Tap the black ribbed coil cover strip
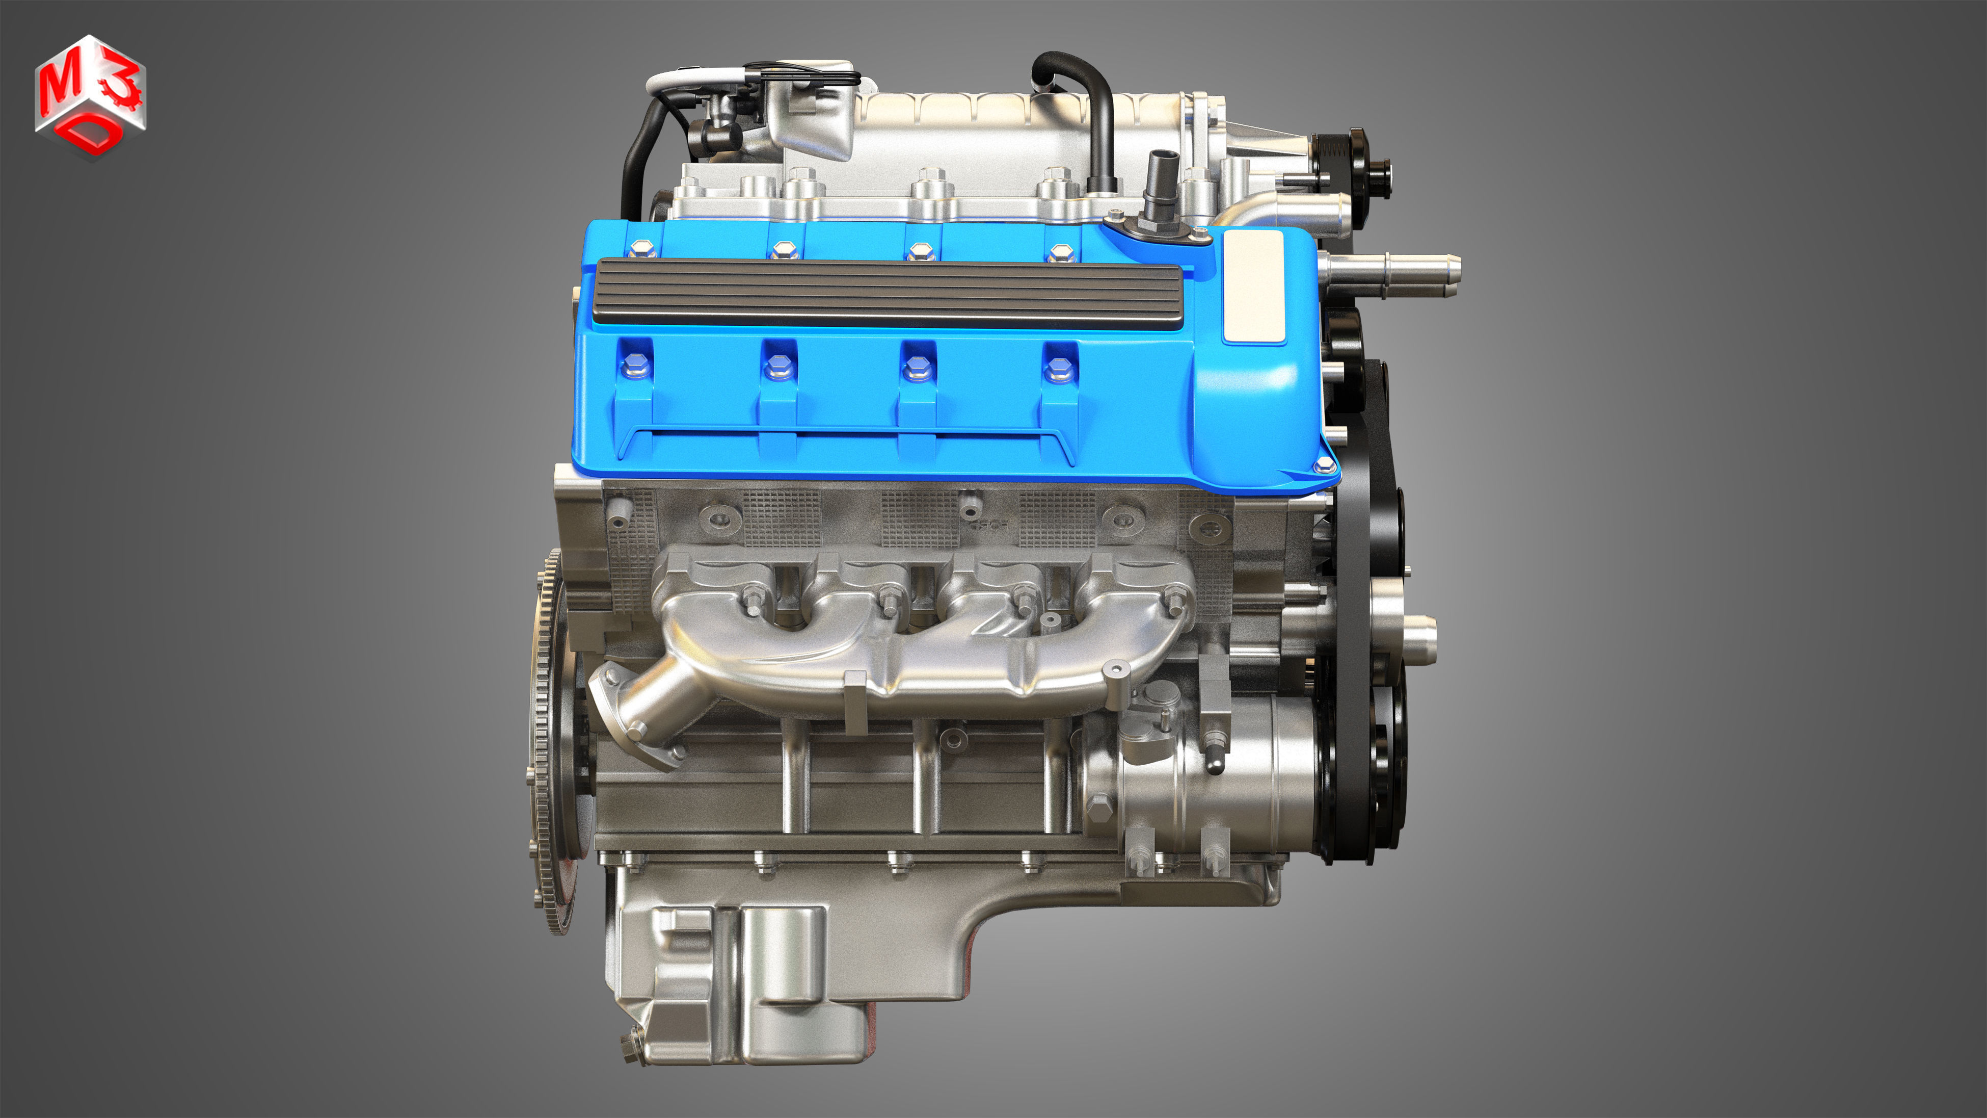pyautogui.click(x=887, y=295)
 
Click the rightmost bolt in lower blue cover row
pyautogui.click(x=1058, y=368)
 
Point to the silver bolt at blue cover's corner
pyautogui.click(x=1324, y=464)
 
